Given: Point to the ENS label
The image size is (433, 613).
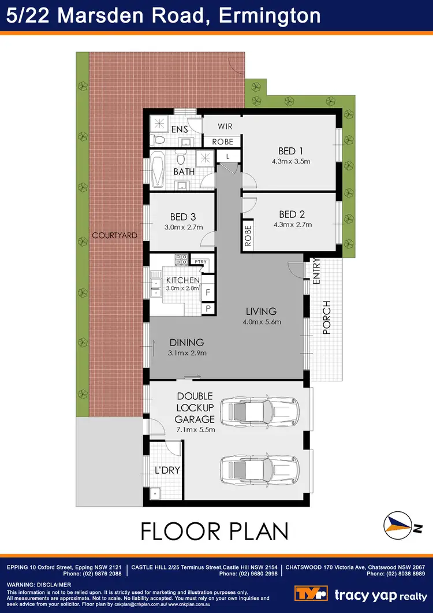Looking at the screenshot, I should tap(180, 129).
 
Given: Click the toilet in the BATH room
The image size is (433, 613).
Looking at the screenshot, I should tap(180, 159).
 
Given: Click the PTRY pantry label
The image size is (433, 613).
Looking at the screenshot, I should tap(200, 262).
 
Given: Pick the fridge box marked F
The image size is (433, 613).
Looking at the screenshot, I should tap(208, 292).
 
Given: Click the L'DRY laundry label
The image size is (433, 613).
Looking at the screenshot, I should tap(167, 470).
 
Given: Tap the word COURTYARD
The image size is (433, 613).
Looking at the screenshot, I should tap(114, 235).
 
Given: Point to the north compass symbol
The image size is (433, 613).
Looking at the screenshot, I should tap(398, 525).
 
